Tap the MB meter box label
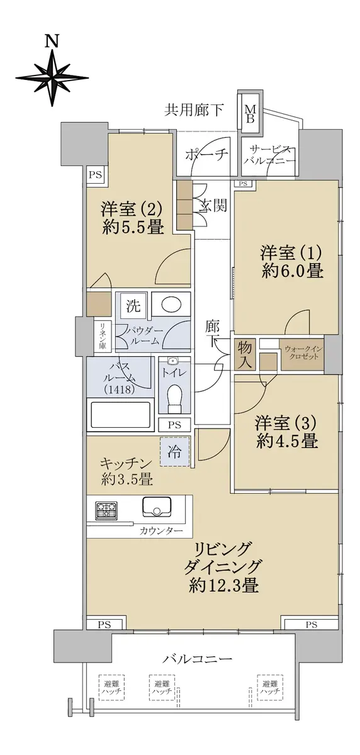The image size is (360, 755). tap(250, 114)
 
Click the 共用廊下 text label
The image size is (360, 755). tap(193, 110)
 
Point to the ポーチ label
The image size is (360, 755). tap(207, 155)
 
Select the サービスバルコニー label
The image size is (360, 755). tap(271, 155)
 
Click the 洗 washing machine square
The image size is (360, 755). tap(133, 306)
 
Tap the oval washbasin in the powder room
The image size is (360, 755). tap(172, 305)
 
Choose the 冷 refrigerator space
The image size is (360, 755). tap(174, 452)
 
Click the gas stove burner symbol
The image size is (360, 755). tap(107, 510)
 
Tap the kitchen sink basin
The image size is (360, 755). tap(157, 506)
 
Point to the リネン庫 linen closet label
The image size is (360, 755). tap(101, 335)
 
